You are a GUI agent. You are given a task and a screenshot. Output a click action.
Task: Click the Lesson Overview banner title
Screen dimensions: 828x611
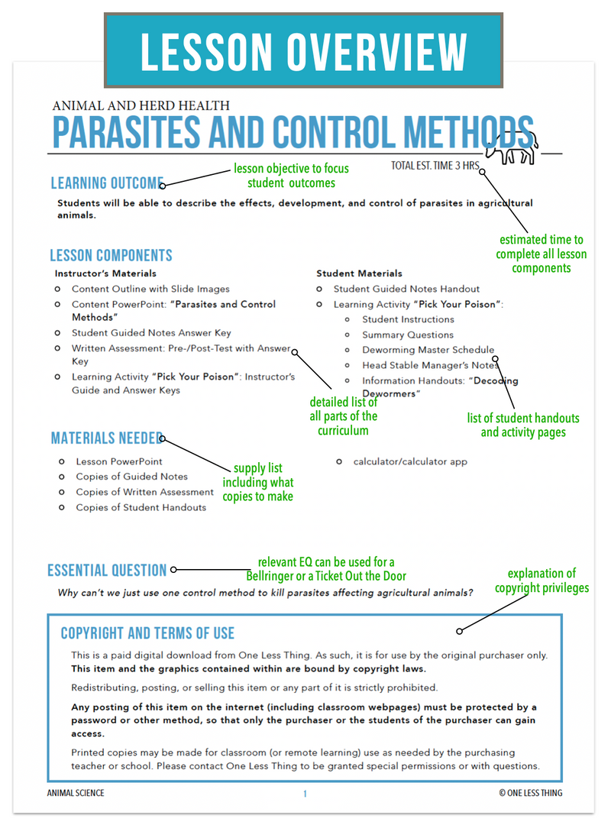tap(303, 51)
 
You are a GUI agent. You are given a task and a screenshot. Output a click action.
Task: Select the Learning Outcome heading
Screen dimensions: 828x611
tap(106, 183)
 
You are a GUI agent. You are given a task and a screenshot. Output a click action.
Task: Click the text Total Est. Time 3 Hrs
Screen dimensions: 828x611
tap(433, 166)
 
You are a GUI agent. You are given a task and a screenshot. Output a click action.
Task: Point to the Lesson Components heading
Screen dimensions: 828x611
tap(111, 256)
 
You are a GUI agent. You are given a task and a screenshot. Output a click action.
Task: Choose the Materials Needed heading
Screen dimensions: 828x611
tap(105, 438)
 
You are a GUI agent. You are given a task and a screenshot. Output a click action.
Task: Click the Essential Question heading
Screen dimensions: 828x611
tap(107, 571)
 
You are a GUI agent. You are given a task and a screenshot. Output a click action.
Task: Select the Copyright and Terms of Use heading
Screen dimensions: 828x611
tap(147, 633)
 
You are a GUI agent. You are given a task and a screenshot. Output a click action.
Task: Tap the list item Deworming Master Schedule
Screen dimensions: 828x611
tap(428, 350)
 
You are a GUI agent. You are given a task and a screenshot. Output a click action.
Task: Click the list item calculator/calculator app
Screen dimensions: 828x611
tap(410, 461)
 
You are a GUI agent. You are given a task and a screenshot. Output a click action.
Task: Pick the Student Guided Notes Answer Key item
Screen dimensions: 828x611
tap(151, 333)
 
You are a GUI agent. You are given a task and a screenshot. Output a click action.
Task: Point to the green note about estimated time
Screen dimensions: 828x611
tap(541, 254)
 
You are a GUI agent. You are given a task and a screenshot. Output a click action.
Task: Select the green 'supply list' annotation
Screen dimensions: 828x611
tap(257, 482)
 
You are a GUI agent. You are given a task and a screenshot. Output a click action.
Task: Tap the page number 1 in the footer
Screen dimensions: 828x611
tap(305, 794)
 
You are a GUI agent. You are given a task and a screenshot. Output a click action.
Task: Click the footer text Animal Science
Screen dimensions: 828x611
tap(76, 794)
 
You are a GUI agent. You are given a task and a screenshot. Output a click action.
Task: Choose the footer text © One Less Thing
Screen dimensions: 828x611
tap(530, 794)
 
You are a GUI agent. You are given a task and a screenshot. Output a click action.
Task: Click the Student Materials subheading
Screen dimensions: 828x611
tap(359, 273)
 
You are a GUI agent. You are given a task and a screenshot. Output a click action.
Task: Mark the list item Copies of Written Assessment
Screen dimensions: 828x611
tap(144, 492)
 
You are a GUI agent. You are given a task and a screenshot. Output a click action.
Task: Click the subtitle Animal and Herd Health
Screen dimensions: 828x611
tap(141, 106)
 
